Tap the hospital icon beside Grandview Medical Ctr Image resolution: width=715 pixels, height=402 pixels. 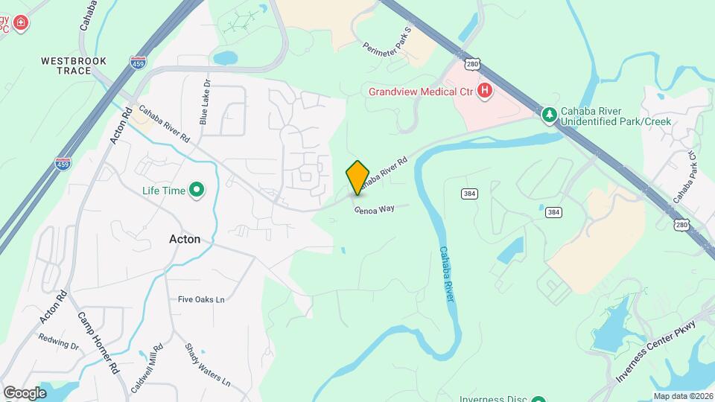tap(485, 92)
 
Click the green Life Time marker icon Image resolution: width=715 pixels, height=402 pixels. tap(197, 191)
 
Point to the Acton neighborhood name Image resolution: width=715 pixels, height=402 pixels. tap(184, 239)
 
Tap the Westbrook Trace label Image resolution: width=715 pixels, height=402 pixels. tap(74, 66)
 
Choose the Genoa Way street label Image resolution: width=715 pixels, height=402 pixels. tap(374, 209)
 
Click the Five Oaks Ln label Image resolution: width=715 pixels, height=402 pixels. tap(201, 299)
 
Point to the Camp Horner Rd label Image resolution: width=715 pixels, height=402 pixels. tap(98, 342)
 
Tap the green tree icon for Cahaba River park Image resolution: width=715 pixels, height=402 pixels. tap(549, 114)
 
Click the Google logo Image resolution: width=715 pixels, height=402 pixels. tap(25, 392)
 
